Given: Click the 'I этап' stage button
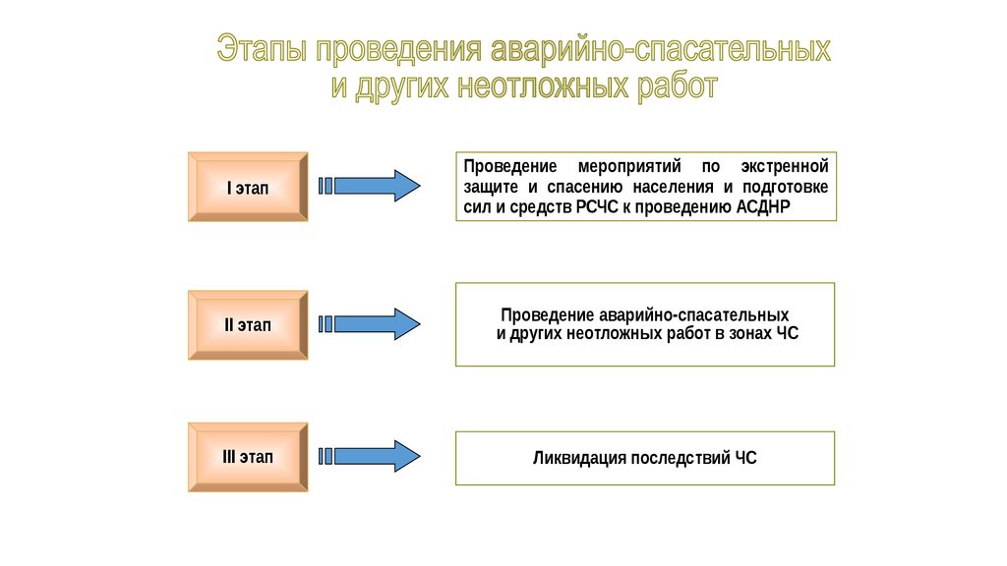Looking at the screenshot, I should point(248,187).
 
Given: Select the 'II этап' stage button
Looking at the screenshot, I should point(248,324).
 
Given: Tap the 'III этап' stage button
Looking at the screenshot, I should point(248,457).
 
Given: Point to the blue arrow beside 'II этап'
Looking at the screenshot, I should point(371,323).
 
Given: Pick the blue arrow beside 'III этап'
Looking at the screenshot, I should point(371,456).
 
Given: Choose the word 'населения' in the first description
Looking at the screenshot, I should point(670,187).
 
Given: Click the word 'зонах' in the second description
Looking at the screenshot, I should point(753,334).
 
